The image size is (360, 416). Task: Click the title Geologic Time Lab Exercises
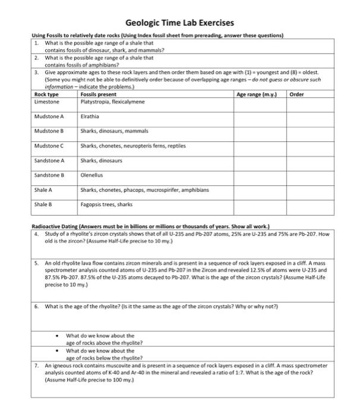tap(179, 23)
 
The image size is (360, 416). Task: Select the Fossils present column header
tap(98, 94)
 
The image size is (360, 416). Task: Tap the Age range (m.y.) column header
tap(257, 94)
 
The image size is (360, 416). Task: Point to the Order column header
tap(298, 94)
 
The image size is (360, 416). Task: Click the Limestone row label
tap(46, 102)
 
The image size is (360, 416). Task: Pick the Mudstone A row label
tap(49, 116)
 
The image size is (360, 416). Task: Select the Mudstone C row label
tap(49, 146)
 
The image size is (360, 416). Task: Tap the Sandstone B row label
tap(49, 175)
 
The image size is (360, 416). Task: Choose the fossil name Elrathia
tap(90, 116)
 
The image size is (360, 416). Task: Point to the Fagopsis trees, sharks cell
tap(106, 204)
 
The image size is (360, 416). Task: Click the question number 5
tap(37, 261)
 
